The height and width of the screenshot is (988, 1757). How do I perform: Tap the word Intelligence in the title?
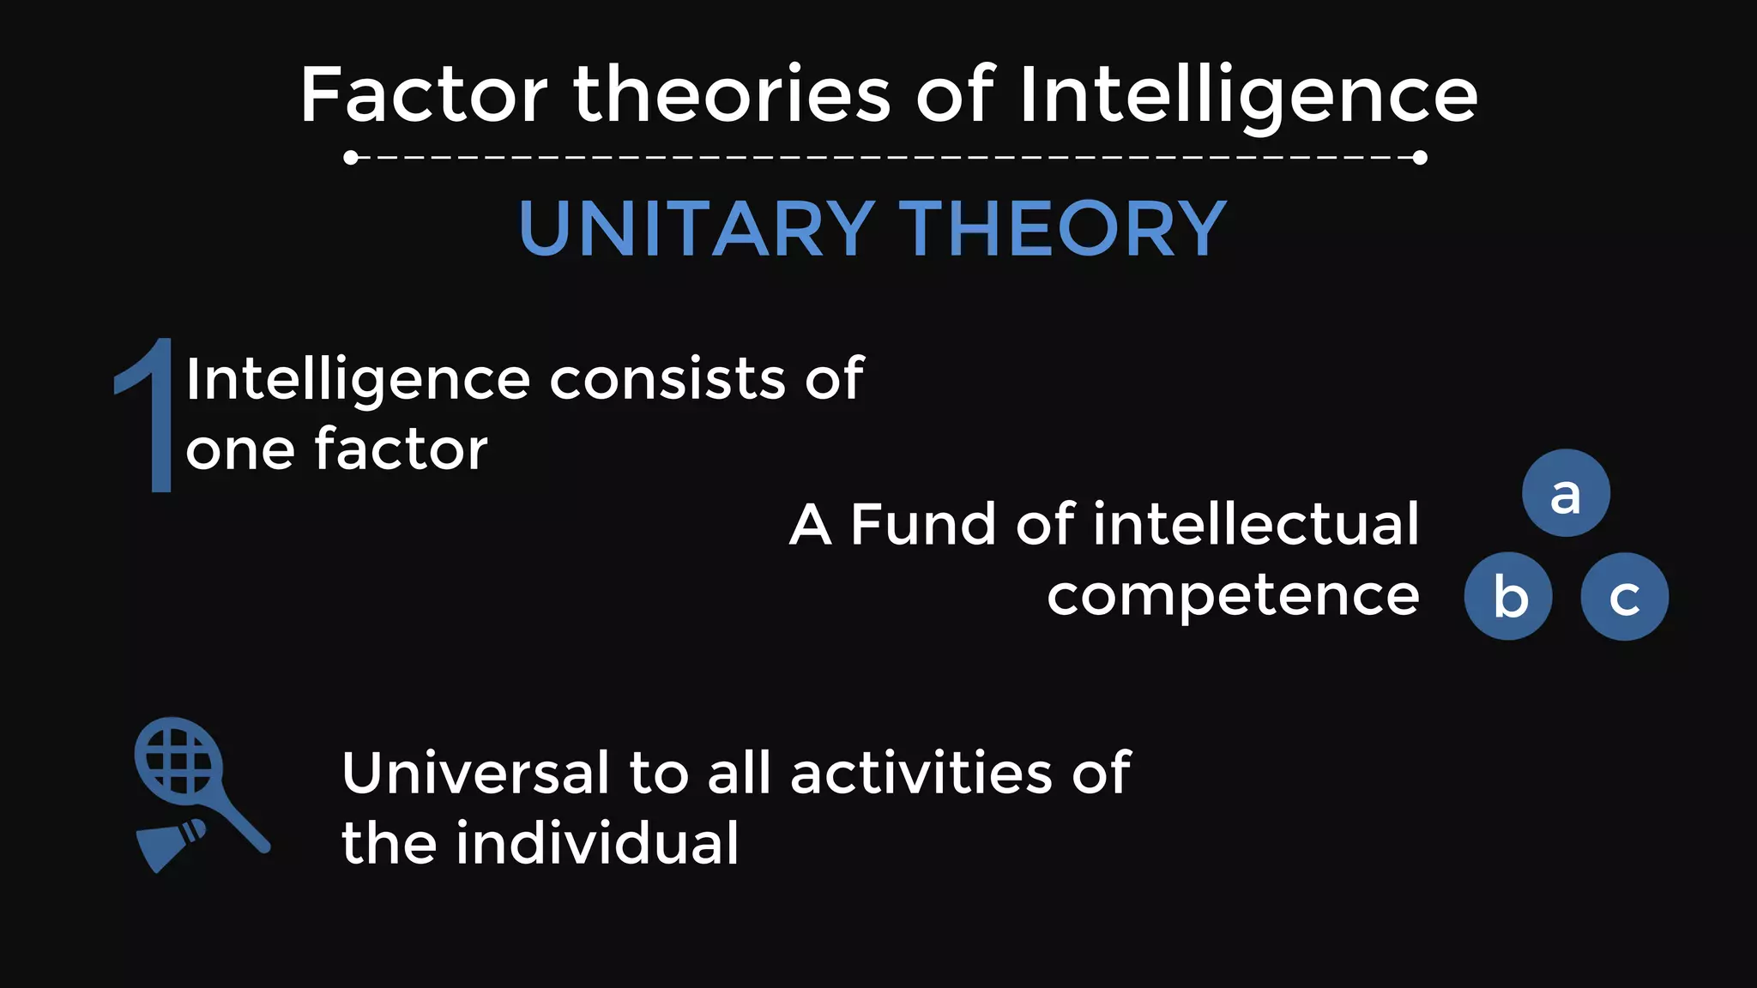pos(1248,97)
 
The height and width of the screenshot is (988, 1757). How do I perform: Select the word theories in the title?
pos(732,95)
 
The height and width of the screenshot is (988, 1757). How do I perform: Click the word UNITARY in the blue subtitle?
pos(697,229)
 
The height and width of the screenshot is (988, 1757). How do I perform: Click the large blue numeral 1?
pos(148,416)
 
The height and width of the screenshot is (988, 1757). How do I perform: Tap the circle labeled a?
pos(1566,493)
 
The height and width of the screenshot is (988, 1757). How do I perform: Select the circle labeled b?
pos(1508,597)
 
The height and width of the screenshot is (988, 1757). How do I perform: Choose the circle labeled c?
pos(1624,597)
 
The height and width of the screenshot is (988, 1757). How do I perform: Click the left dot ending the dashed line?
pos(351,158)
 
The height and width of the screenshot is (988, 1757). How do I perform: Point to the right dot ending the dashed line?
pos(1420,158)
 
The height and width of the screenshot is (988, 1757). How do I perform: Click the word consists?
pos(667,379)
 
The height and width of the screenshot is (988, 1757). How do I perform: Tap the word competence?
pos(1233,596)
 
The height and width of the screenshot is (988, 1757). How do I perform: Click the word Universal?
pos(475,774)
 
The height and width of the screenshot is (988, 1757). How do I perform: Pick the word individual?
pos(597,844)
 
